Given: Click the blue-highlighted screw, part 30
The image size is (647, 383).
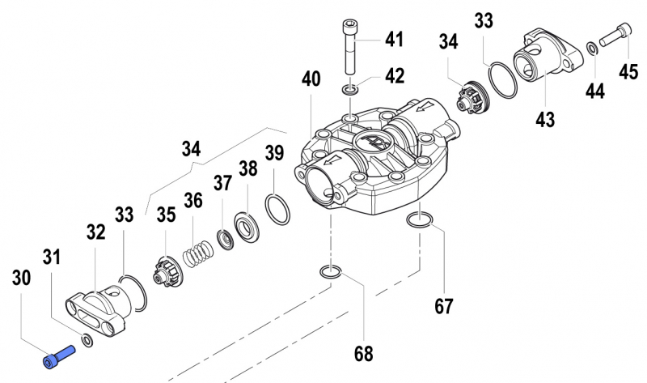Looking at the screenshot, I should [x=60, y=355].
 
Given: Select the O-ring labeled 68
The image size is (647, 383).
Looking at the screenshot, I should [x=329, y=272].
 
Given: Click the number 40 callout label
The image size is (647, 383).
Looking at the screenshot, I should [x=311, y=79].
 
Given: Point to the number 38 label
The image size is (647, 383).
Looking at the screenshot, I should [x=247, y=169].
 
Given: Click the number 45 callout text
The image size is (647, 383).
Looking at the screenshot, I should [x=628, y=72].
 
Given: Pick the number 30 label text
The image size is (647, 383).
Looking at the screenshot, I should [x=22, y=277].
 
